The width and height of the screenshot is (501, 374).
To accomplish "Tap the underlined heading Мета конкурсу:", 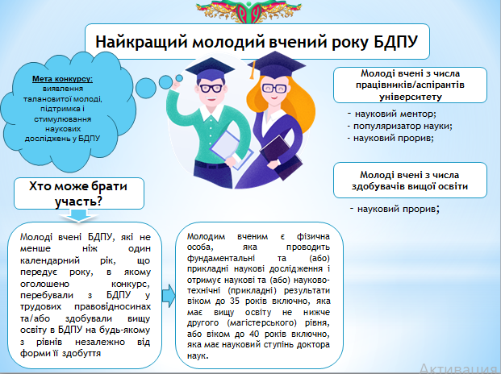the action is click(x=63, y=79).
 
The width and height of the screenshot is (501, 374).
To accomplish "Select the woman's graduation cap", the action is click(x=276, y=65).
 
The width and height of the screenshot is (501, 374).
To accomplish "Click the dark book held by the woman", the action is click(x=281, y=156).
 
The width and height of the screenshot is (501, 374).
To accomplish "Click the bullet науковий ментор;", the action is click(x=392, y=114).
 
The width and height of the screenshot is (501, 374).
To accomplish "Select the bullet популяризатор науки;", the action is click(x=400, y=126).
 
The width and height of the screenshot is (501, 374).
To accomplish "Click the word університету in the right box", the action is click(x=411, y=97).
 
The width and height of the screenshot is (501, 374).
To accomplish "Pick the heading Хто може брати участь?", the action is click(x=78, y=193).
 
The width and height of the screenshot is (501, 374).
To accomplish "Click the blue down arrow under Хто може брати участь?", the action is click(x=78, y=215).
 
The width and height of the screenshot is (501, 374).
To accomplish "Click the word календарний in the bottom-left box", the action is click(x=50, y=260).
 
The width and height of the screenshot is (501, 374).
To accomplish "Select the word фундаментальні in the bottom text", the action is click(x=221, y=258).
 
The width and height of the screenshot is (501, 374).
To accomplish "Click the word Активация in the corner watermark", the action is click(x=460, y=368).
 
